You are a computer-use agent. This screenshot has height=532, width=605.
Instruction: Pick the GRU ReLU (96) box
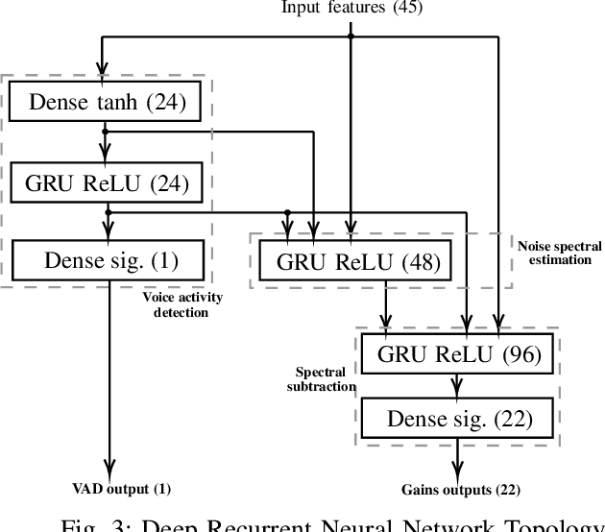tap(459, 355)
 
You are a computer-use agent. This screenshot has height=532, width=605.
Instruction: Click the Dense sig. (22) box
tap(459, 418)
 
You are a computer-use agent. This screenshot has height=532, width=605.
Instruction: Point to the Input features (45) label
tap(351, 8)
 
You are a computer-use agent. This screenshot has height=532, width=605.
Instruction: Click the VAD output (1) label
tap(123, 489)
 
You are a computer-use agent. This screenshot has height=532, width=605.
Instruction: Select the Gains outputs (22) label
tap(460, 489)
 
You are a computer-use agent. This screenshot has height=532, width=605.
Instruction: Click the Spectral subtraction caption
tap(321, 378)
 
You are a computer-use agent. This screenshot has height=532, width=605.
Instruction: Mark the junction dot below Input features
tap(351, 36)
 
